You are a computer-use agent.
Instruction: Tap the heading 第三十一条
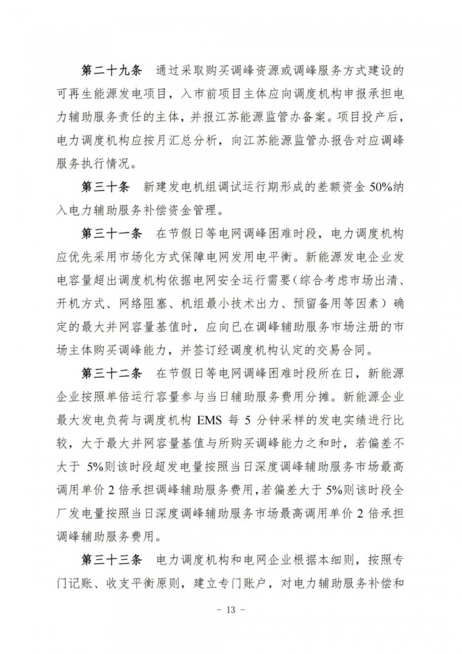click(x=109, y=233)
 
